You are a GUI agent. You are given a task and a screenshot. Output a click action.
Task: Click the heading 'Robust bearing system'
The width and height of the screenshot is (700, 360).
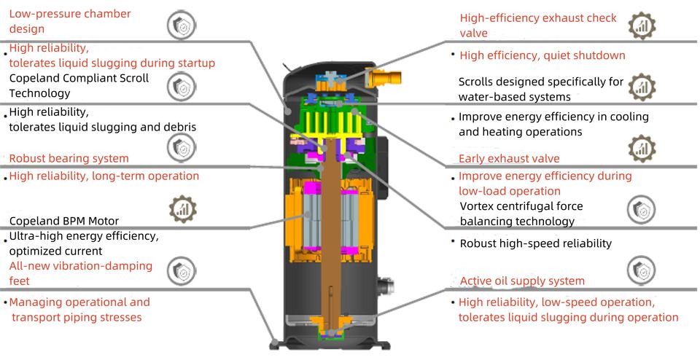click(69, 158)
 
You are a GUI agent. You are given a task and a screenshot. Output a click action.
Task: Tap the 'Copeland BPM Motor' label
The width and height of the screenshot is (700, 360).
click(64, 221)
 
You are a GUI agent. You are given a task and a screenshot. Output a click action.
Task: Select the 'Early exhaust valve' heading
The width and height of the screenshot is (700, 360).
click(509, 158)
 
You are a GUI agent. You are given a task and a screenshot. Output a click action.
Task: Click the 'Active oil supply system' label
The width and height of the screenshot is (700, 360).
click(522, 281)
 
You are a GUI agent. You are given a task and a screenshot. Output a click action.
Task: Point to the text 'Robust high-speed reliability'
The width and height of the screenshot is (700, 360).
click(536, 243)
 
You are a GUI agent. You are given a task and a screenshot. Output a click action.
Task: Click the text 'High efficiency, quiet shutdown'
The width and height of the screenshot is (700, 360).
click(542, 55)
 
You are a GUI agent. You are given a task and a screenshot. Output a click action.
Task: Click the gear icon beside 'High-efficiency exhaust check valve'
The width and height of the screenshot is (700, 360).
click(642, 26)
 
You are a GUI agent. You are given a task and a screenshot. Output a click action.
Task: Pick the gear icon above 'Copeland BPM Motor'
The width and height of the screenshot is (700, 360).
click(182, 208)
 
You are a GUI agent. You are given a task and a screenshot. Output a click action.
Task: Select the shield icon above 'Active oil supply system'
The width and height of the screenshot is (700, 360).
click(642, 270)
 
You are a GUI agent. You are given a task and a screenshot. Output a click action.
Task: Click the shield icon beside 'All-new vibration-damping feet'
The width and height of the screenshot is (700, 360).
click(182, 271)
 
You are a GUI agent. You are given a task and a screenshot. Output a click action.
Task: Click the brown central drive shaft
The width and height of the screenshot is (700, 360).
click(331, 232)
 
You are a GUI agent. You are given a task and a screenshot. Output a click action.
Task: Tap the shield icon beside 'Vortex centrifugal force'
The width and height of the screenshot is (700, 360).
click(642, 209)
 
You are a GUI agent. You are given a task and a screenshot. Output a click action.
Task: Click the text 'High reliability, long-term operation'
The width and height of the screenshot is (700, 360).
click(104, 176)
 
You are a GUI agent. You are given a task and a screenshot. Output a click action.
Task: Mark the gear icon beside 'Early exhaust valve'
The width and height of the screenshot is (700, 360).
click(642, 149)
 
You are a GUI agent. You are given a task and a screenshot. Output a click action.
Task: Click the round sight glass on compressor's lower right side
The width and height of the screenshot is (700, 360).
click(385, 286)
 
